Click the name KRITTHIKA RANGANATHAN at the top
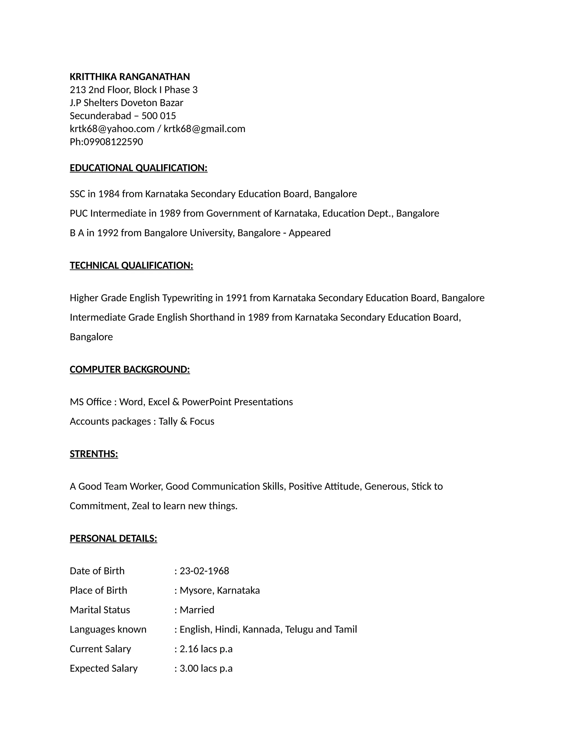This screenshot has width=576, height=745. coord(130,77)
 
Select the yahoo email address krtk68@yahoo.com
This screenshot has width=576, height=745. coord(112,129)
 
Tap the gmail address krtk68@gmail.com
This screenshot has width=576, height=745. coord(204,129)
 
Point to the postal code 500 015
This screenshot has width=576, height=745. coord(159,116)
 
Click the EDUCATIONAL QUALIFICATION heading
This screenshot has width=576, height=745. coord(139,168)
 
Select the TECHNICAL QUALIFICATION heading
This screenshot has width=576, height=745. coord(131,265)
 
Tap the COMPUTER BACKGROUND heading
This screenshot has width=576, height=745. coord(130,369)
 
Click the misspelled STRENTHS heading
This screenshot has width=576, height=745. coord(94,454)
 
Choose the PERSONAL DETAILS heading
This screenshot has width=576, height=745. coord(113,538)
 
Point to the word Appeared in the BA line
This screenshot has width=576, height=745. coord(309,233)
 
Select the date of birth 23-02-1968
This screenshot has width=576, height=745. coord(204,571)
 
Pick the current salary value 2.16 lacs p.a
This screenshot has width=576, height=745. coord(206,649)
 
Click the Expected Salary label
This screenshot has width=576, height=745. coord(103,668)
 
